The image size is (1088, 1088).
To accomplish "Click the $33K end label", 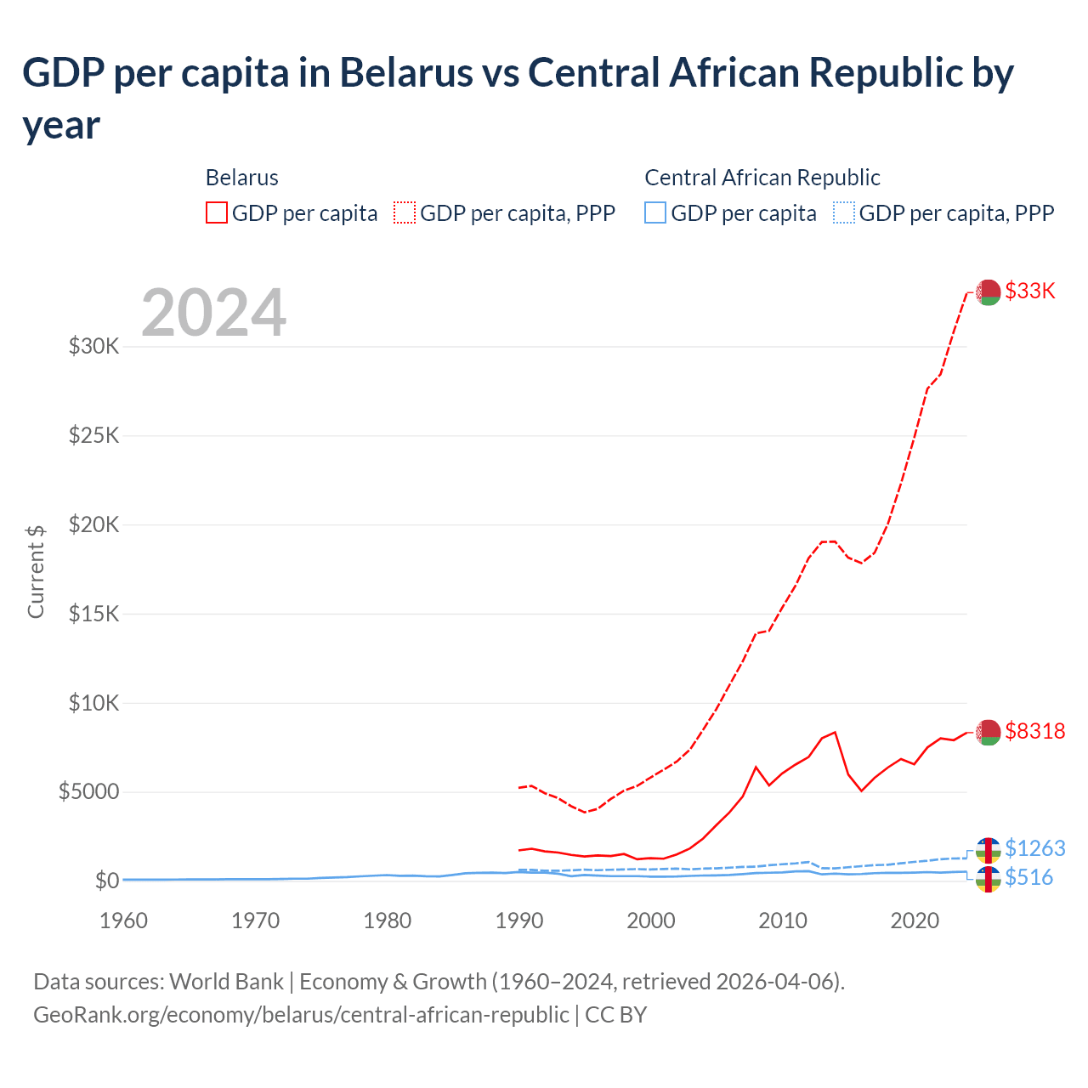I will pos(1029,291).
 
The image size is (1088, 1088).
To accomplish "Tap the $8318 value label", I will pos(1034,731).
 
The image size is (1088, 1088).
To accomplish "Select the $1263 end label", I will pos(1034,848).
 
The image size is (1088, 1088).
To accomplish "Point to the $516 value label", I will pos(1028,877).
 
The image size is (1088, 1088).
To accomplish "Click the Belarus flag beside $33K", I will pos(988,292).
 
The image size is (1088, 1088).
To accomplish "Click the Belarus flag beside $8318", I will pos(988,732).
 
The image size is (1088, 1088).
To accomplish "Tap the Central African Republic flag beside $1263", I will pos(988,849).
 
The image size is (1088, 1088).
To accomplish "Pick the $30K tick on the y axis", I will pos(93,347).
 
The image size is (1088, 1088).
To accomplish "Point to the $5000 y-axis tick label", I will pos(88,792).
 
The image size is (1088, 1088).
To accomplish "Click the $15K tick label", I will pos(93,614).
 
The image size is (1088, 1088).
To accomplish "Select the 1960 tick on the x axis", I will pos(123,921).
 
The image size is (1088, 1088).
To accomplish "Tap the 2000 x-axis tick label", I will pos(650,921).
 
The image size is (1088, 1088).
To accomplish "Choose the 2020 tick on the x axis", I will pos(914,921).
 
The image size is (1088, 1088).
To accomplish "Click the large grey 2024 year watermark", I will pos(213,314).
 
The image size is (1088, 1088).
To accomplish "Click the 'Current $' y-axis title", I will pos(36,571).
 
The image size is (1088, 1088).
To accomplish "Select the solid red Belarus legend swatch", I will pos(217,212).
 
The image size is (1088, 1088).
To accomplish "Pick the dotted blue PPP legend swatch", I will pos(843,212).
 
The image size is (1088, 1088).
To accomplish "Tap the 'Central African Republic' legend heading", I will pos(762,178).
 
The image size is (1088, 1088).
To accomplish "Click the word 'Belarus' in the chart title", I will pos(406,72).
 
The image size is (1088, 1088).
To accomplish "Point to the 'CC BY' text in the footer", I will pos(615,1015).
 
